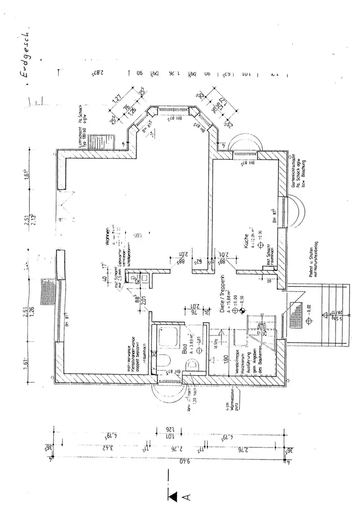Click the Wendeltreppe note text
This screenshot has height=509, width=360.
(238, 362)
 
